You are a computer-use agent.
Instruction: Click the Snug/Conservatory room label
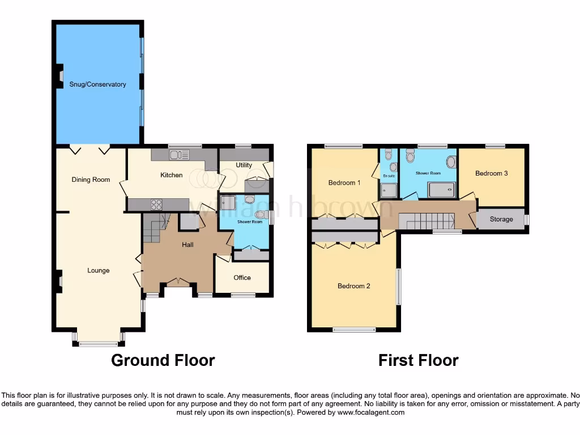[97, 84]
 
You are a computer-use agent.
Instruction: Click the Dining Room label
[91, 180]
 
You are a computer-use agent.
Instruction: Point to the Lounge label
[98, 270]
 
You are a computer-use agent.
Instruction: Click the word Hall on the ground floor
[187, 245]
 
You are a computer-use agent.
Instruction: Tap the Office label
[242, 278]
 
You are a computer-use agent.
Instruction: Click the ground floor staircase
[153, 227]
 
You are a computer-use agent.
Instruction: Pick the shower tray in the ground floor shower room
[229, 202]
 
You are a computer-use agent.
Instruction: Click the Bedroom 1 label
[344, 182]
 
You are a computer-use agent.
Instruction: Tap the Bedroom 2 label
[353, 286]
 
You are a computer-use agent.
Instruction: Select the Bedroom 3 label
[491, 173]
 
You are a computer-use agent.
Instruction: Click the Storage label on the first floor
[501, 219]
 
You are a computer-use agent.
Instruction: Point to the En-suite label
[389, 176]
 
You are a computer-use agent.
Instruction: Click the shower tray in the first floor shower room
[442, 190]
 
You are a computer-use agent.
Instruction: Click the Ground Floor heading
[163, 360]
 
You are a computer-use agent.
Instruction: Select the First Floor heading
[418, 360]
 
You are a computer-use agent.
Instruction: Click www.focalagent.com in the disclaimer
[370, 412]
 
